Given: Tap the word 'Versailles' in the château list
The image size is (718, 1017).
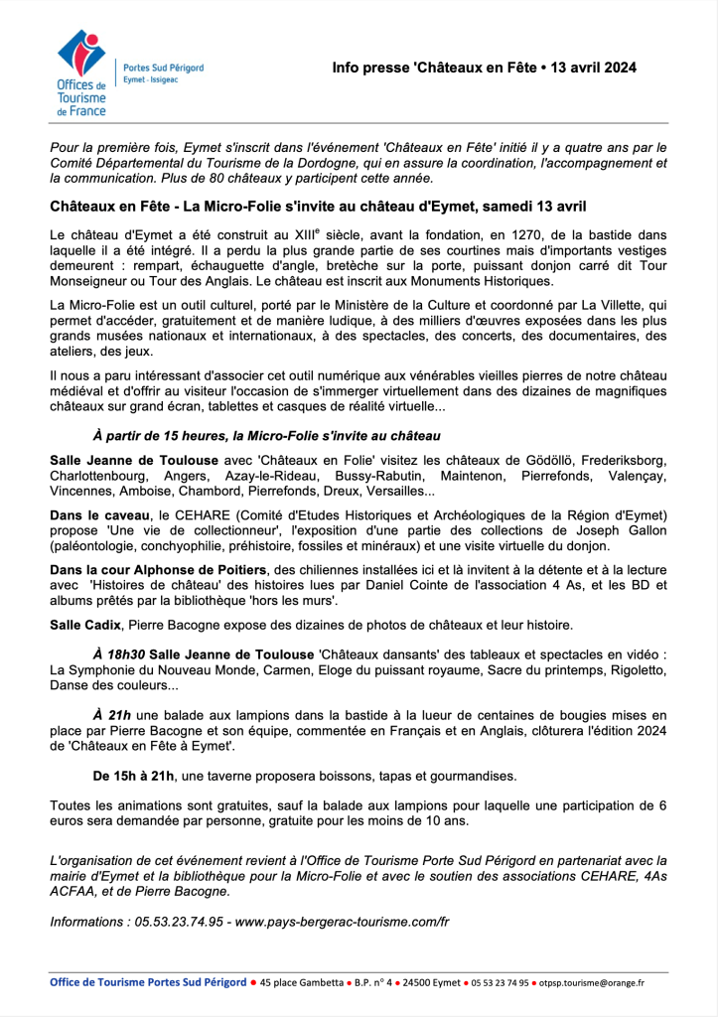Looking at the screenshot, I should click(397, 492).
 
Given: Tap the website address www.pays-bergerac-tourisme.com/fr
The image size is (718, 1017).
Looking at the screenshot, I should click(342, 922).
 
